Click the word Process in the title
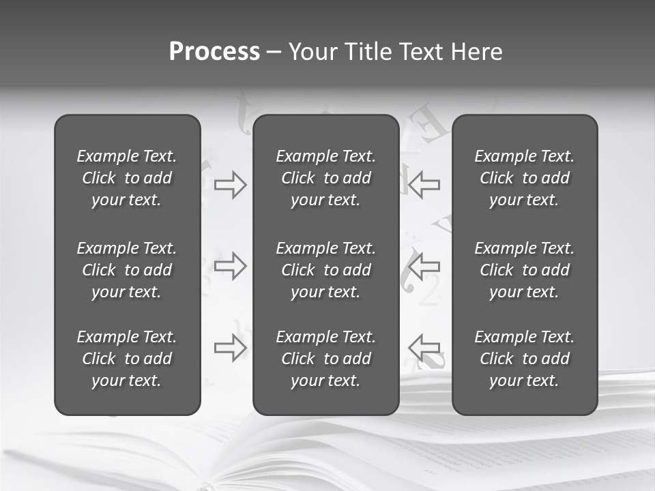click(214, 52)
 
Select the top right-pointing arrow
click(230, 185)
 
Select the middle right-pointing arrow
click(230, 266)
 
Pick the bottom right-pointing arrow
click(230, 348)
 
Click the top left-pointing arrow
click(424, 185)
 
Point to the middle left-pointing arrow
click(424, 266)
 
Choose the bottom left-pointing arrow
click(424, 348)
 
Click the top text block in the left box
click(127, 178)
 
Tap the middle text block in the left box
click(127, 270)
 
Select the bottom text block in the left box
click(127, 359)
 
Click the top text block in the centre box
click(325, 178)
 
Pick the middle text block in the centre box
click(325, 270)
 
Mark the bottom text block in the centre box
click(325, 359)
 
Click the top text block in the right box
click(524, 178)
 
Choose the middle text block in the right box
click(524, 270)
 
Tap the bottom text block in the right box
click(524, 359)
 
